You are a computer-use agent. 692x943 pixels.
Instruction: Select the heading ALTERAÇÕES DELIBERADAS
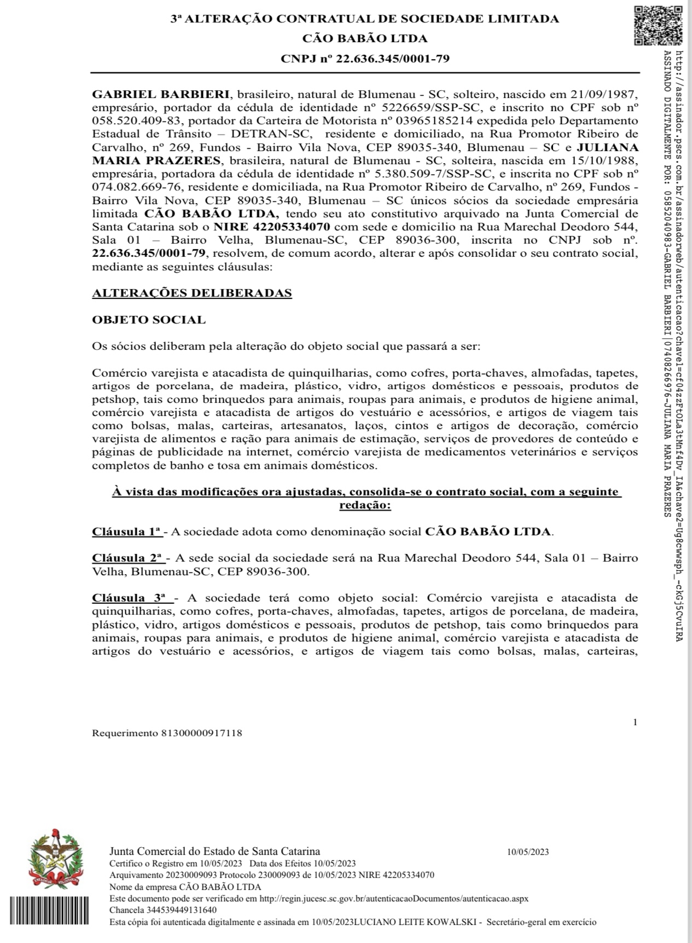[x=191, y=293]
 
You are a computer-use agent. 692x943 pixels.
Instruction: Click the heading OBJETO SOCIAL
[x=149, y=320]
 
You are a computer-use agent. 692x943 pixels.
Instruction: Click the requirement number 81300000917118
[x=201, y=733]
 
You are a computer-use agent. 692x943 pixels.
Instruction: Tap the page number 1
[x=635, y=722]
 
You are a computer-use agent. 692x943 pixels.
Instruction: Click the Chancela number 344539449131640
[x=179, y=910]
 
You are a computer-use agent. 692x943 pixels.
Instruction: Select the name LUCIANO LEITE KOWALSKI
[x=415, y=922]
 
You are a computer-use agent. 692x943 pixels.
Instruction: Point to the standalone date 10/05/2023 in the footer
[x=528, y=852]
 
